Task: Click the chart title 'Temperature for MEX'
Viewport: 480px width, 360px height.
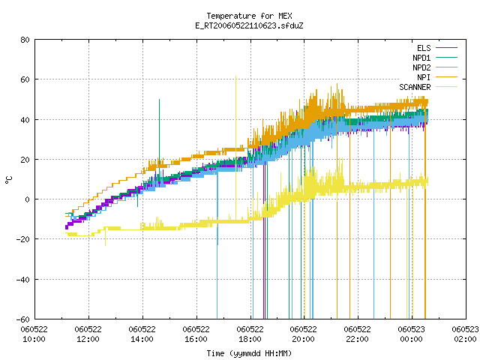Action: (x=249, y=16)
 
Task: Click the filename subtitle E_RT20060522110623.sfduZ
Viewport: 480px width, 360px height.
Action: (x=249, y=25)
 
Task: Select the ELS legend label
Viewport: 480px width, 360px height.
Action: (x=424, y=48)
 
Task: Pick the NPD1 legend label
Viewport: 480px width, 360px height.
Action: (x=421, y=58)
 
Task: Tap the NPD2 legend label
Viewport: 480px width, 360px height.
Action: (x=421, y=67)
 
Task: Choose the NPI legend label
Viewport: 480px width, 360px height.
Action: (x=424, y=77)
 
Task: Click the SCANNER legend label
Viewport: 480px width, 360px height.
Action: (x=415, y=87)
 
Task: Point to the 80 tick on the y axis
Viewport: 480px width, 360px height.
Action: (x=25, y=40)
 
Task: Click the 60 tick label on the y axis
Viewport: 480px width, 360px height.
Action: (x=25, y=79)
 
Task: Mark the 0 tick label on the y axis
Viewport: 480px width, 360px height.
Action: (x=28, y=199)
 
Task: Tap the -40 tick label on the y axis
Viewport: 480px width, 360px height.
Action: (x=23, y=280)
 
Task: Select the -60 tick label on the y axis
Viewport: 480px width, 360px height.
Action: (x=23, y=319)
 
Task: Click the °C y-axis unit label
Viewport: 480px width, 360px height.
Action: (x=8, y=180)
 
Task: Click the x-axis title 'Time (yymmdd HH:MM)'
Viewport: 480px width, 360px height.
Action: (x=249, y=353)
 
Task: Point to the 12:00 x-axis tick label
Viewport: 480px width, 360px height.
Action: (x=88, y=334)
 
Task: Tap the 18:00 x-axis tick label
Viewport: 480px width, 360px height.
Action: (x=250, y=334)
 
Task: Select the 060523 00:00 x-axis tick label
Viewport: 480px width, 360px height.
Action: (x=412, y=334)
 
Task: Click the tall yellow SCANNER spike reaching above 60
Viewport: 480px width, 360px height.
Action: (x=235, y=147)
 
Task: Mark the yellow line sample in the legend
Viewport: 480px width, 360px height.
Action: (x=447, y=87)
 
